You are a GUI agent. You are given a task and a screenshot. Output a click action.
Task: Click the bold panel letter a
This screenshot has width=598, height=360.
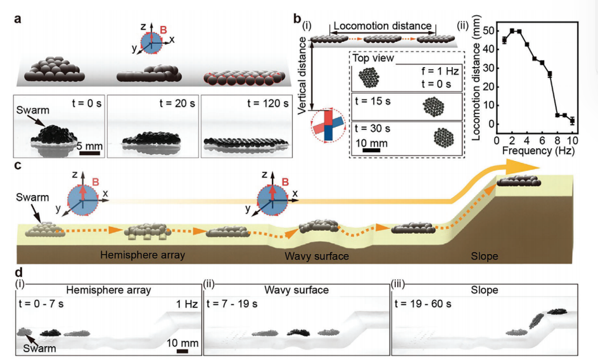tap(18, 18)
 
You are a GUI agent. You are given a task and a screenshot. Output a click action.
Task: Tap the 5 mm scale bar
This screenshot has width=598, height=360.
tap(89, 152)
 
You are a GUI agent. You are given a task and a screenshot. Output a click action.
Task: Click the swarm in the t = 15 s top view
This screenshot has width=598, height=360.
tap(435, 104)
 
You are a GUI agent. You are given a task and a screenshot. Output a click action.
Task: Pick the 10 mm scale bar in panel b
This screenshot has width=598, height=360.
tap(372, 150)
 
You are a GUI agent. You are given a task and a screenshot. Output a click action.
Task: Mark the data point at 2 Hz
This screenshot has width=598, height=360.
tap(512, 30)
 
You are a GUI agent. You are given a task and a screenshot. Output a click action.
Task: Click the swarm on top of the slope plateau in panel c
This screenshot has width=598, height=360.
tap(519, 183)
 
